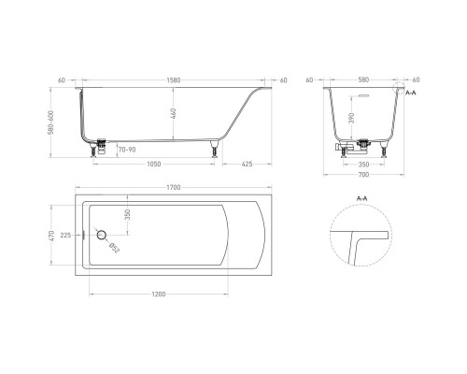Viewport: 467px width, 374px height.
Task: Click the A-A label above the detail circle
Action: coord(362,199)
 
